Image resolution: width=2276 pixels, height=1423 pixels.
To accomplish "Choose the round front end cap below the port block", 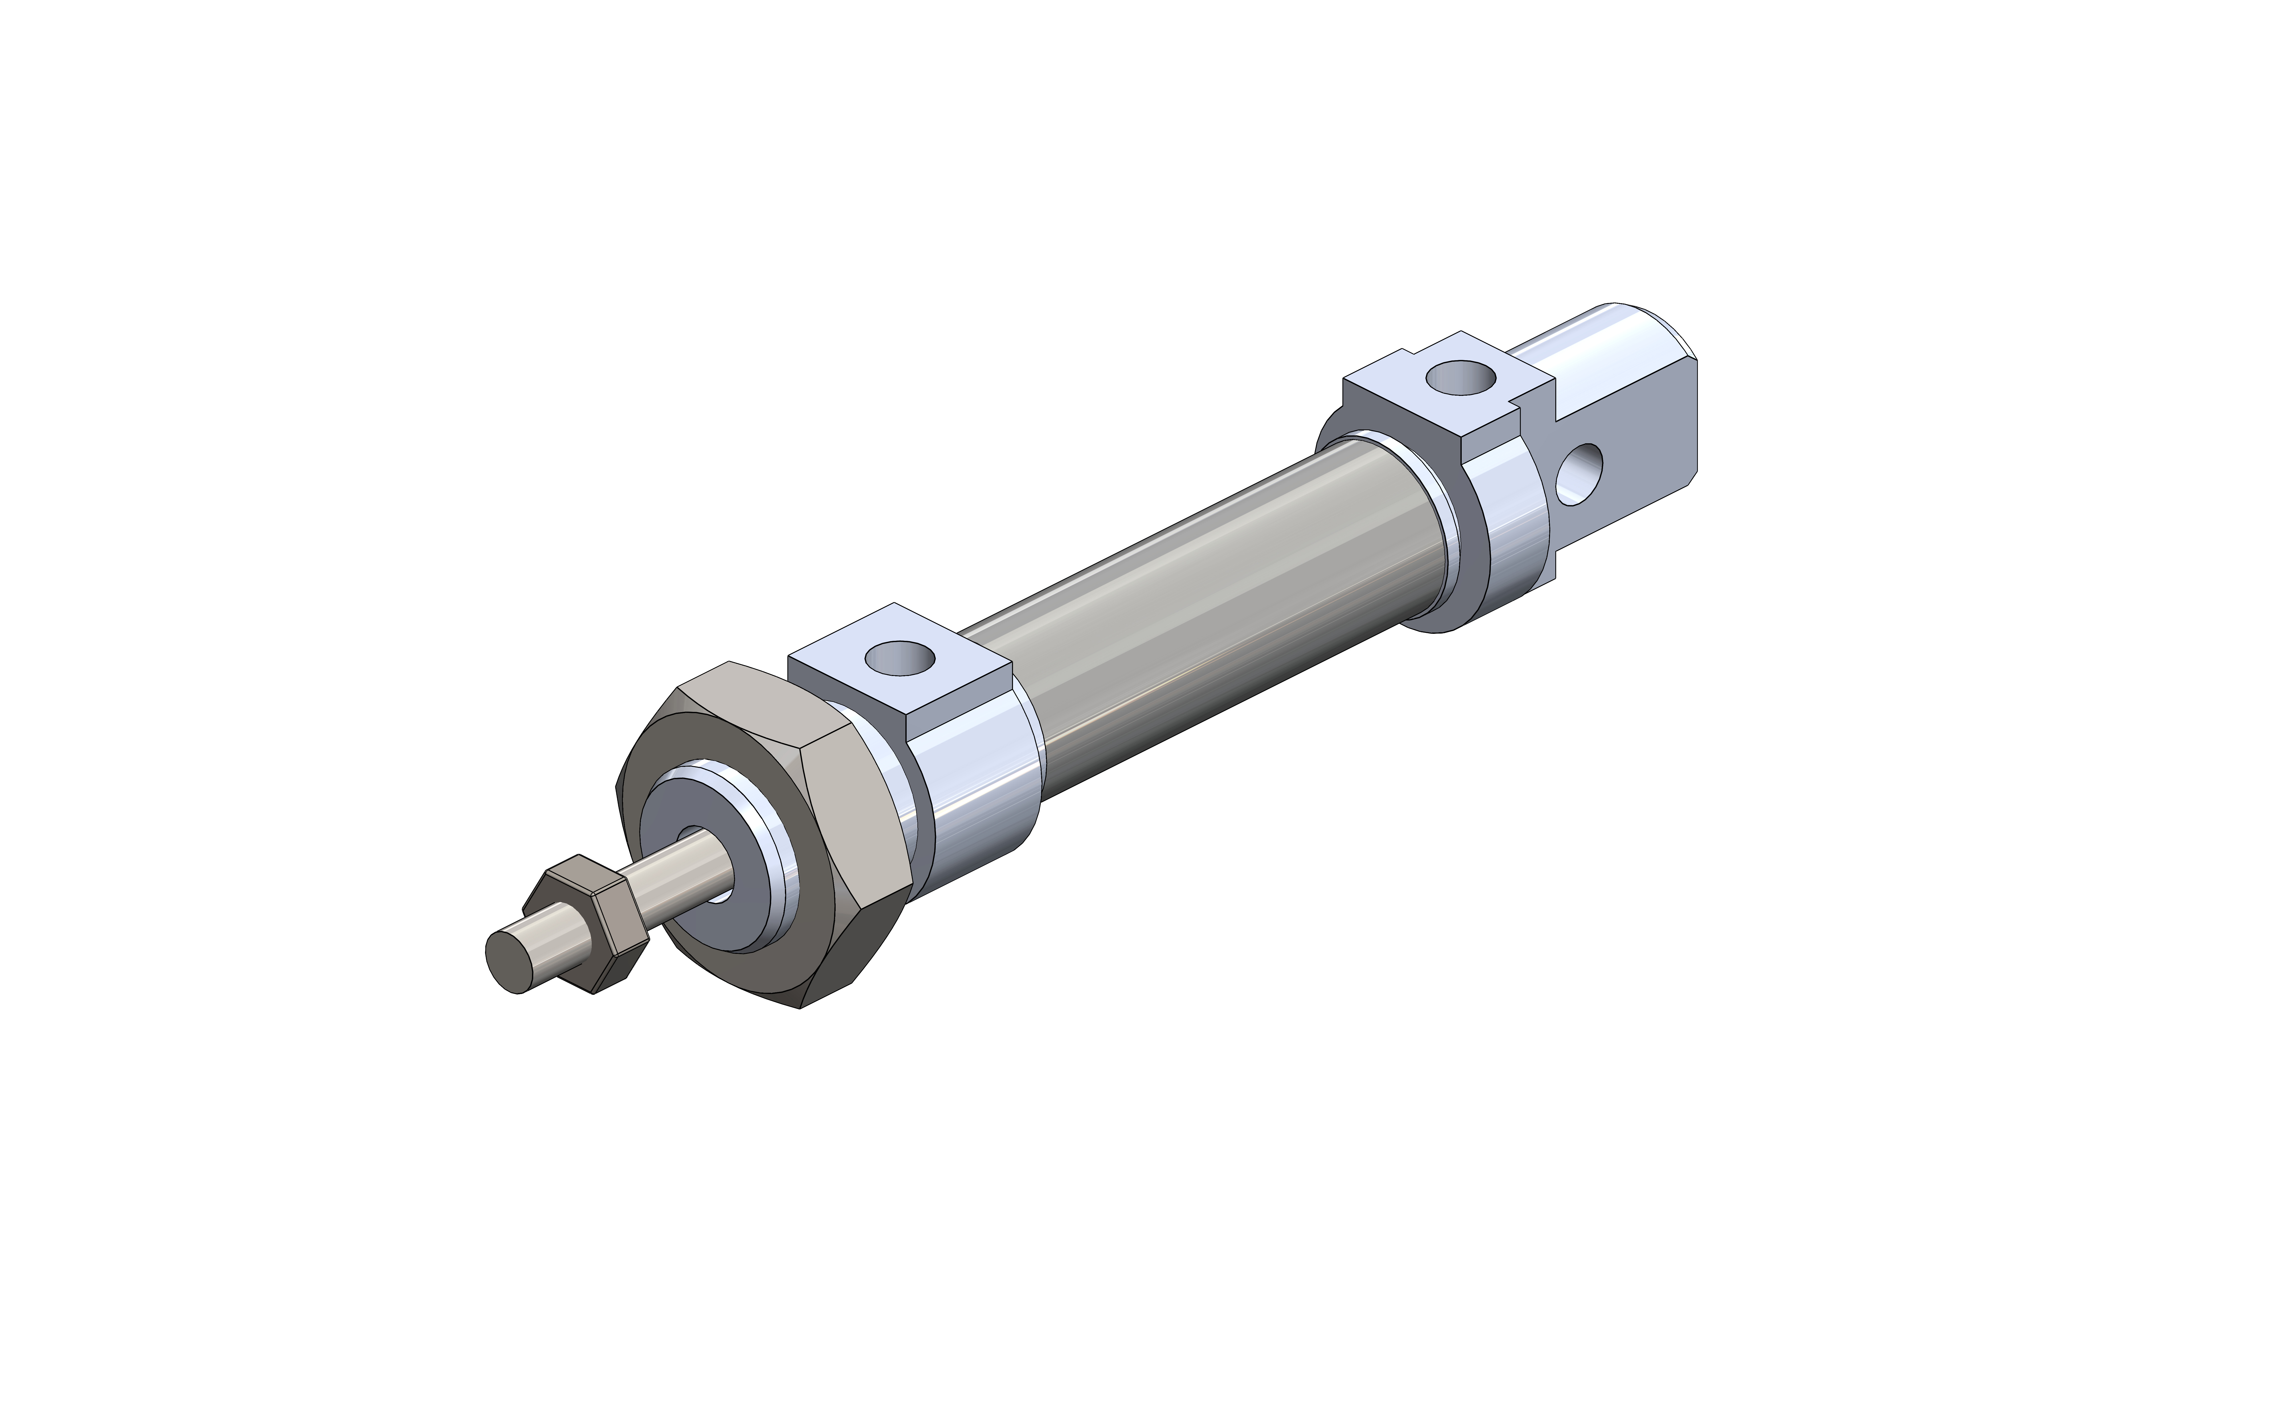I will (x=978, y=800).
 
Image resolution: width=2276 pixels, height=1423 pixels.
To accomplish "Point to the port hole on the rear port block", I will (x=1460, y=378).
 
